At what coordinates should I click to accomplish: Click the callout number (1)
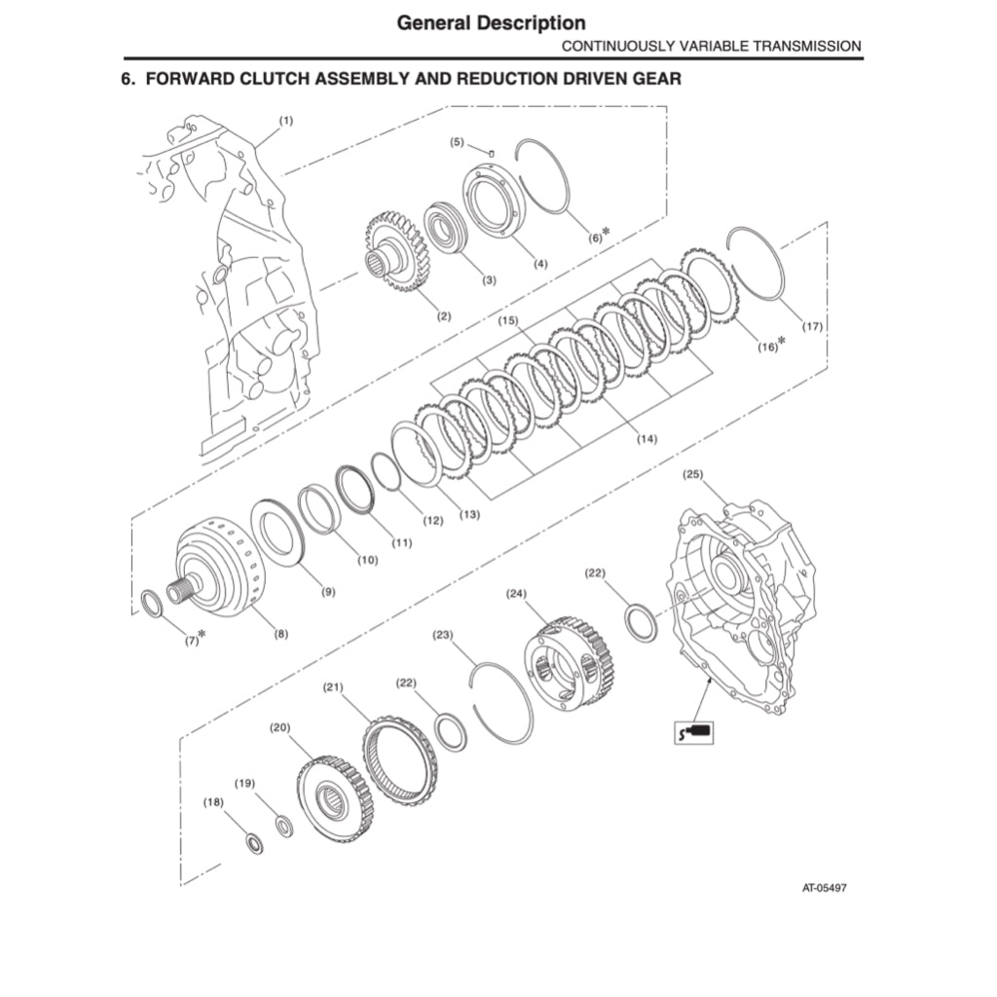click(286, 121)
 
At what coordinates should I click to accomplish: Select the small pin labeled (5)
click(492, 151)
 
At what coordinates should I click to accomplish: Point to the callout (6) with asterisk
click(598, 236)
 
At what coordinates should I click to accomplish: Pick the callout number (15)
click(507, 320)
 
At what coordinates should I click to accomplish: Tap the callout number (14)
click(646, 439)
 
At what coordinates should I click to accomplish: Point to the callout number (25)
click(692, 474)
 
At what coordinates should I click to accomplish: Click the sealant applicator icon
click(695, 729)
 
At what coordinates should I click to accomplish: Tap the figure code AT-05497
click(824, 888)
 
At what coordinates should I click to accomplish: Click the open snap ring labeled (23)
click(503, 702)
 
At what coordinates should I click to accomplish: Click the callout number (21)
click(334, 688)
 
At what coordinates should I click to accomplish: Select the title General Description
click(491, 21)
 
